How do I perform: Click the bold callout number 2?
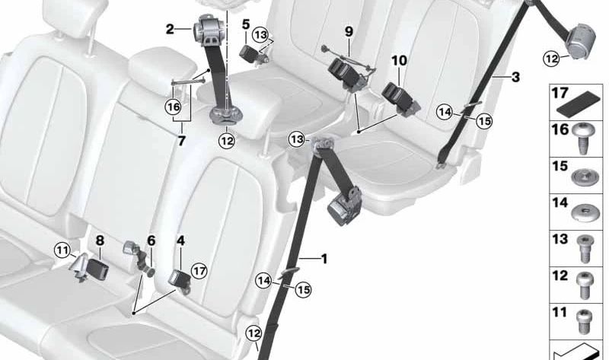[170, 29]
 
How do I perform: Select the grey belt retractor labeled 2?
[208, 31]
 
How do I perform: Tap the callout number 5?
[246, 24]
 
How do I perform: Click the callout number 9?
[349, 31]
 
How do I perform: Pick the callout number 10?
[399, 60]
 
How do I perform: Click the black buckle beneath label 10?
[399, 97]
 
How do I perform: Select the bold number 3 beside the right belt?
[515, 77]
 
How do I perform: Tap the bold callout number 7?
[181, 141]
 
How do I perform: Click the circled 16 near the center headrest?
[173, 107]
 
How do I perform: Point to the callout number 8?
[100, 241]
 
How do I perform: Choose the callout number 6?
[151, 241]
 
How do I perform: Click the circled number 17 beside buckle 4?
[199, 271]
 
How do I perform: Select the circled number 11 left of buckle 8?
[62, 250]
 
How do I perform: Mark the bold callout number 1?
[324, 259]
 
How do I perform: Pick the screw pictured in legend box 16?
[582, 138]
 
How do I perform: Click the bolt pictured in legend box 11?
[583, 321]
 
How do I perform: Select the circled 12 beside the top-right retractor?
[551, 59]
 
